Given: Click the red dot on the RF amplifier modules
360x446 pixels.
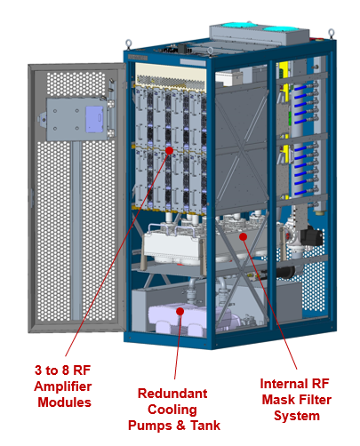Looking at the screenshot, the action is coord(169,150).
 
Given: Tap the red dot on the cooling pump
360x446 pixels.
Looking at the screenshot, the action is coord(180,311).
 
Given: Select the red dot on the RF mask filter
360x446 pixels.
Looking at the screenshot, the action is coord(244,236).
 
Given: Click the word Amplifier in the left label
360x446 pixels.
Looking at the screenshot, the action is coord(63,386).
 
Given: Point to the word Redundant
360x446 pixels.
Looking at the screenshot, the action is coord(172,394).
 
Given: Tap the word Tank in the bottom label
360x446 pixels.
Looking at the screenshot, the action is coord(205,426).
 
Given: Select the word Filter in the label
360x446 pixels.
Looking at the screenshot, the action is coord(316,400).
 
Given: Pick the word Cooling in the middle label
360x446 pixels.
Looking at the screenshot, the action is coord(172,410).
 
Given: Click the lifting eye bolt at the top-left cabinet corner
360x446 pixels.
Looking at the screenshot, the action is coord(128,44).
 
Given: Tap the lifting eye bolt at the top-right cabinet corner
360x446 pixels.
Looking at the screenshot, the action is coord(332,33).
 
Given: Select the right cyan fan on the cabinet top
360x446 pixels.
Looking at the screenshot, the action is coord(281,29).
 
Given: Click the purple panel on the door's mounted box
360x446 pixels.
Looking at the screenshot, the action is coord(94,119).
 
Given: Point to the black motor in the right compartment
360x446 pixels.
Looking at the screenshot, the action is coord(311,236).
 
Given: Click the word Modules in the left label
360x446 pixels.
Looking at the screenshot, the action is coord(65,402).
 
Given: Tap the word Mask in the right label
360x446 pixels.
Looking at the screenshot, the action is coord(279,400).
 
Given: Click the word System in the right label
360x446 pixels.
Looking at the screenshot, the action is coord(297,417).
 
